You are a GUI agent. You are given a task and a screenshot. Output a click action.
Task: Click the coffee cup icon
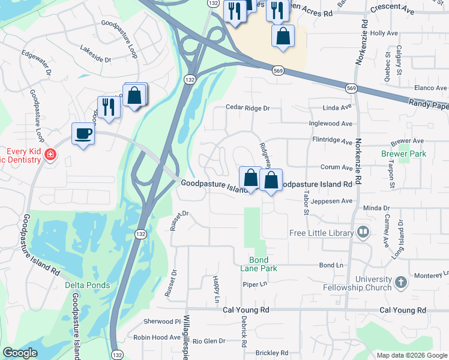click(x=83, y=133)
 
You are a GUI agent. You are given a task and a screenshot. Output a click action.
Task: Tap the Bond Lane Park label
click(x=263, y=264)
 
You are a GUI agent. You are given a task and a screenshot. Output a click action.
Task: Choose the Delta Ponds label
click(x=88, y=285)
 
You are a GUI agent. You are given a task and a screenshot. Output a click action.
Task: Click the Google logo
click(x=20, y=353)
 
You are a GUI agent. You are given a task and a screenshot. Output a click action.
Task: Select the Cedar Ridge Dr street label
click(x=248, y=108)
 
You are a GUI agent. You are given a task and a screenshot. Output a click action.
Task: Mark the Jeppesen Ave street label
click(x=331, y=202)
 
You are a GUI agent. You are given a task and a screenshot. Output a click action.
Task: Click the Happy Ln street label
click(x=217, y=290)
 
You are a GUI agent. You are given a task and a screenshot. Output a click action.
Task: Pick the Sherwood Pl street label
click(x=161, y=321)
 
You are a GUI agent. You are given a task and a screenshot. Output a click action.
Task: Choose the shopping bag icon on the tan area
click(x=283, y=35)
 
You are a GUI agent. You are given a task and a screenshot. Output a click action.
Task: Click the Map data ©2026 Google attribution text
click(x=411, y=355)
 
